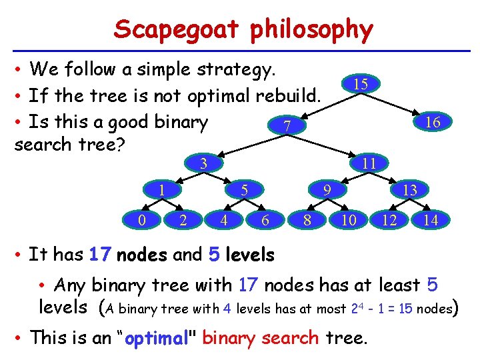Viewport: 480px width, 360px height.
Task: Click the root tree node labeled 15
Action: pyautogui.click(x=361, y=84)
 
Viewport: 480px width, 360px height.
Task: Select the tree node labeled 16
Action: pyautogui.click(x=433, y=122)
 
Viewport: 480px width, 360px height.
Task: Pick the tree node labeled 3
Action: pyautogui.click(x=205, y=163)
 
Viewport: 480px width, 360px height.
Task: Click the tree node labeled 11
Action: pyautogui.click(x=367, y=163)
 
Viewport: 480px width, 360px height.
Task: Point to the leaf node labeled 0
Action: pyautogui.click(x=141, y=219)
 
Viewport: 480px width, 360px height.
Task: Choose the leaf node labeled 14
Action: pyautogui.click(x=431, y=219)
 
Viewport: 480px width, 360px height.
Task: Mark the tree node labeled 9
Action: pyautogui.click(x=327, y=190)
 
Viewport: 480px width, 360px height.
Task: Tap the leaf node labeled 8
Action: pyautogui.click(x=307, y=219)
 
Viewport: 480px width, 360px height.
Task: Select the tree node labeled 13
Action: pyautogui.click(x=410, y=190)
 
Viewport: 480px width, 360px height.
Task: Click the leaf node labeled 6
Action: pyautogui.click(x=265, y=219)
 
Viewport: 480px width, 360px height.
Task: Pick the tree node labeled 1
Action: pyautogui.click(x=162, y=190)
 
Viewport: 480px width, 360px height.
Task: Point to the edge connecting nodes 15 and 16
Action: pyautogui.click(x=398, y=103)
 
